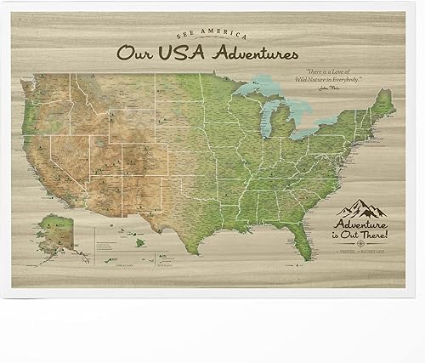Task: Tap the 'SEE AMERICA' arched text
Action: (212, 36)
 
